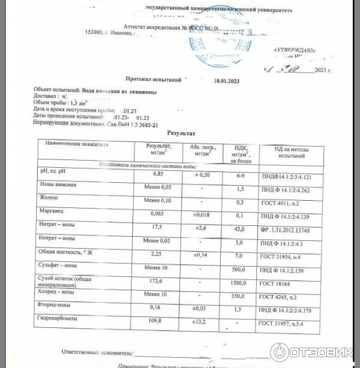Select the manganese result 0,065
click(x=158, y=213)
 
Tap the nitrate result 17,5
click(x=158, y=227)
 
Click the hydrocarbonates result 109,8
click(x=157, y=321)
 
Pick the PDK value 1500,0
click(x=238, y=282)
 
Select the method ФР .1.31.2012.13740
click(x=291, y=230)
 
